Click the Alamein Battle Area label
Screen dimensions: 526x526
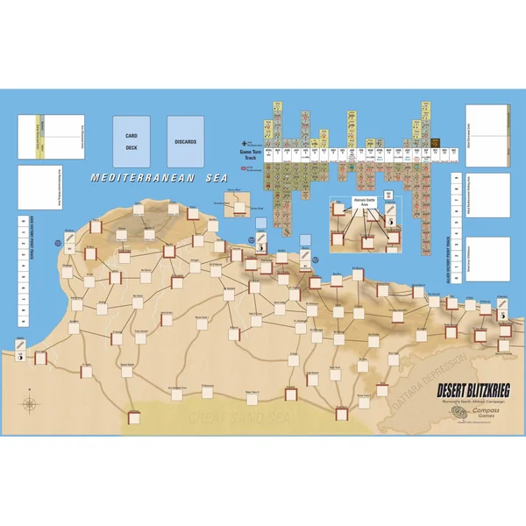[359, 201]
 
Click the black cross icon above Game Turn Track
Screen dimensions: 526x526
[244, 144]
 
